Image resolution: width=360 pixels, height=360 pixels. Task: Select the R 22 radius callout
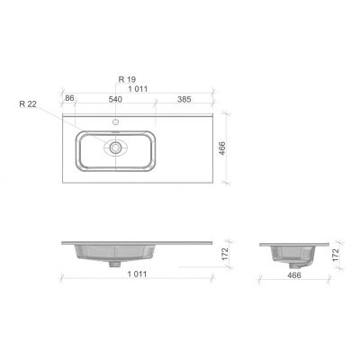click(x=26, y=103)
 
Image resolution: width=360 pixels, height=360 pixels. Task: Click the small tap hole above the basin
click(x=116, y=121)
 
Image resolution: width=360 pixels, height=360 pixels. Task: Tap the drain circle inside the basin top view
click(x=116, y=147)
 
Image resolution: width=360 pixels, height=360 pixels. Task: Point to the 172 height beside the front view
click(x=224, y=256)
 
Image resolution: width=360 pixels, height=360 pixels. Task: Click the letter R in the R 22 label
click(x=21, y=103)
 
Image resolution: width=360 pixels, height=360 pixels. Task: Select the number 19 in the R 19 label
click(x=132, y=79)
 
